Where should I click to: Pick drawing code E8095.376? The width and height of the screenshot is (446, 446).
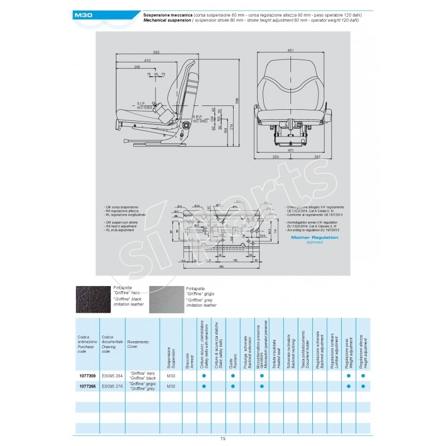[x=113, y=386]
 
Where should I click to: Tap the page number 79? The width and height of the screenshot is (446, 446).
[x=222, y=439]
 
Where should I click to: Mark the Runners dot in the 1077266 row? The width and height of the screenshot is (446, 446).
[x=232, y=386]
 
